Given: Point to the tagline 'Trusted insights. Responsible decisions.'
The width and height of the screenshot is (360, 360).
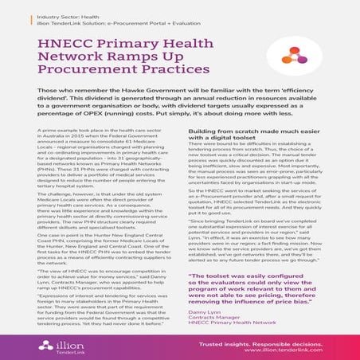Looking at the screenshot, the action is [274, 343].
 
